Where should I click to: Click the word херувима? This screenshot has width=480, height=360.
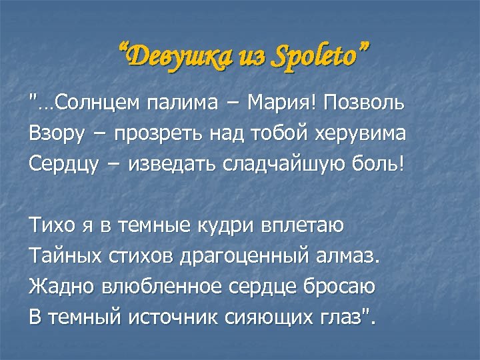pyautogui.click(x=358, y=133)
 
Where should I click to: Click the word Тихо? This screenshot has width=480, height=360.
pyautogui.click(x=51, y=226)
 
